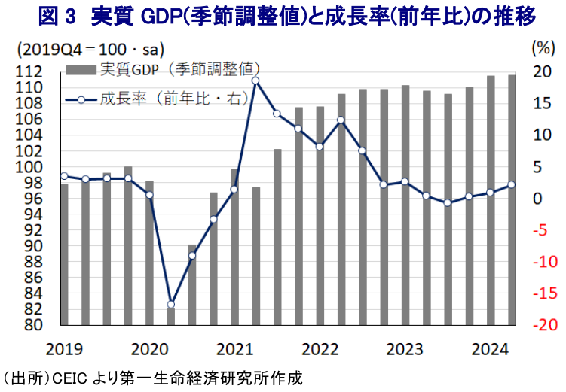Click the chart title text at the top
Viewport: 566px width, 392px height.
tap(283, 15)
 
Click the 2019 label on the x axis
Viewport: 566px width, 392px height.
tap(64, 349)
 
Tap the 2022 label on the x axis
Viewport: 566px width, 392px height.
tap(320, 349)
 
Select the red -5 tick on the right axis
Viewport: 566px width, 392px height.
tap(543, 230)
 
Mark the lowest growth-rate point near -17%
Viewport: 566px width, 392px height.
tap(170, 304)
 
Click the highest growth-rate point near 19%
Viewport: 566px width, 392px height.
tap(255, 81)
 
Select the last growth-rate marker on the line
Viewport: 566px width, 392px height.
tap(511, 184)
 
